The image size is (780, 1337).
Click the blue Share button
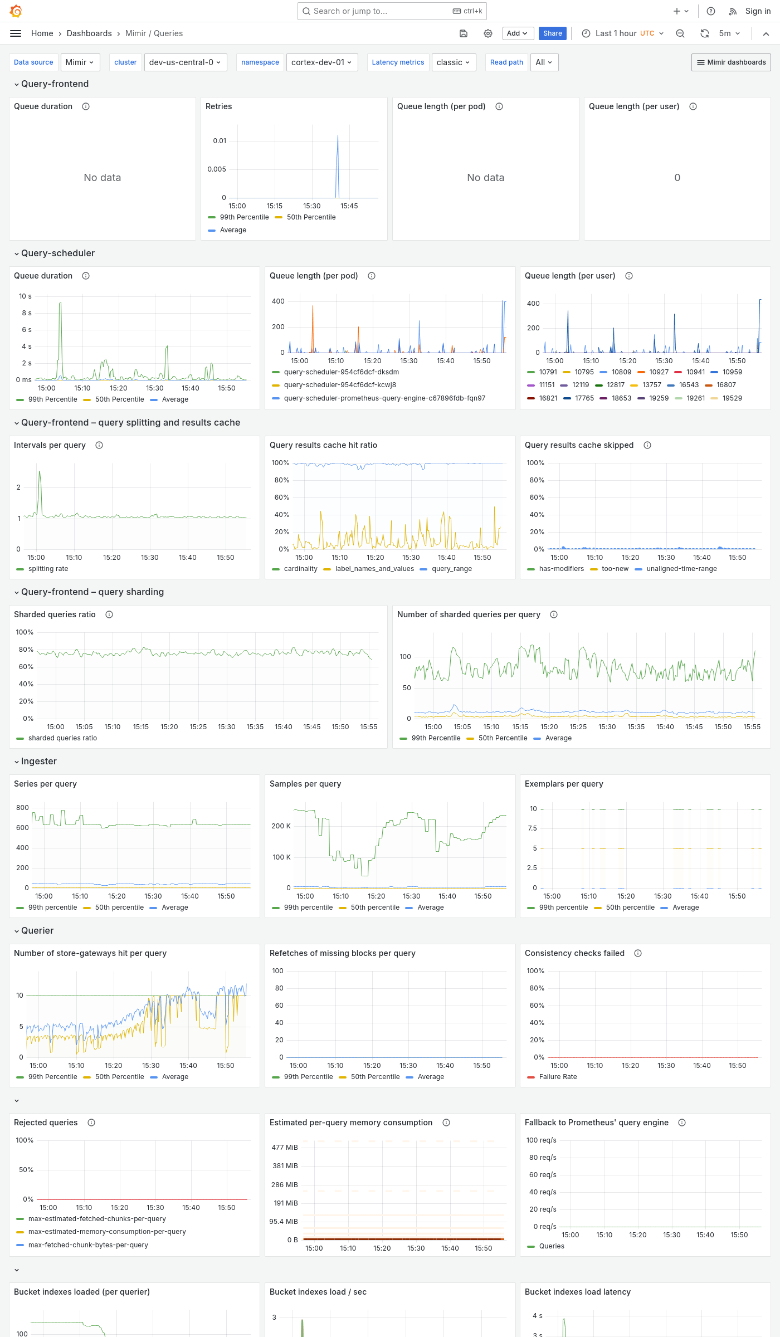(x=552, y=33)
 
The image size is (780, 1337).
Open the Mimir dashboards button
(x=731, y=62)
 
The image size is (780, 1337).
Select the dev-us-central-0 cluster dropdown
(x=184, y=62)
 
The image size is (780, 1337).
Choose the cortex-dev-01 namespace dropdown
(x=321, y=62)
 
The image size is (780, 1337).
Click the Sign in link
(x=758, y=11)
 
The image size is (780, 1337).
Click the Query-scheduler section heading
(x=58, y=253)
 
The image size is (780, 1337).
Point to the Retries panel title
(x=218, y=106)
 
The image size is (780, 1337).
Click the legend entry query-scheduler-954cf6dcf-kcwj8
(x=340, y=385)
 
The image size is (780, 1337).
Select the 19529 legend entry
(x=732, y=398)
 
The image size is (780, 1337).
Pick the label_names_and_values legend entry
(x=374, y=569)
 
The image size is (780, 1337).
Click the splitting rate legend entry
(x=48, y=569)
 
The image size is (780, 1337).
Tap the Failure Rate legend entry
(x=558, y=1077)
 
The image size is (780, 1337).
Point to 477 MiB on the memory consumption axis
(x=285, y=1147)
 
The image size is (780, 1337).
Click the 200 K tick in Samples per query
(x=281, y=826)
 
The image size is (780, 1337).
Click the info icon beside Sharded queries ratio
(x=109, y=614)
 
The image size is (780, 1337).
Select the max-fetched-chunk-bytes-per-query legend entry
(x=88, y=1245)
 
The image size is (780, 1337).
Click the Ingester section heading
(x=38, y=761)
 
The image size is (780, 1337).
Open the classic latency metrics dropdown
(x=453, y=62)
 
